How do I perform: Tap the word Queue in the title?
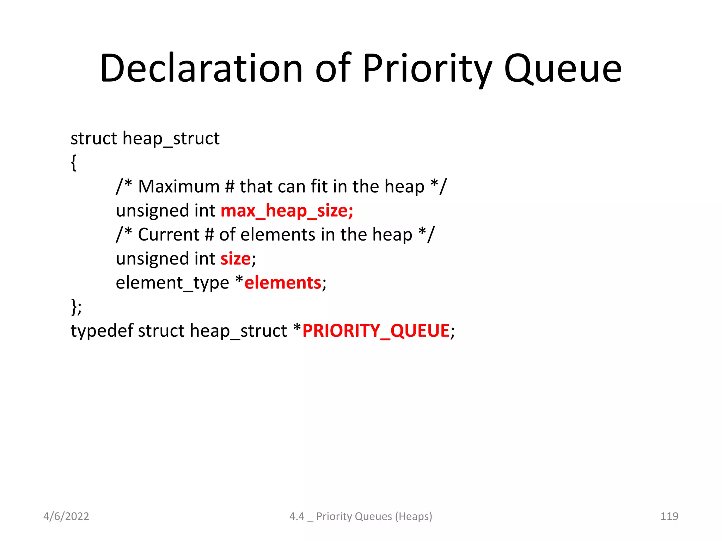(x=563, y=69)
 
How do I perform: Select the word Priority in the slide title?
(x=427, y=69)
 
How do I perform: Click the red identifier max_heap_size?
(x=287, y=211)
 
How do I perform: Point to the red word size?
(x=235, y=259)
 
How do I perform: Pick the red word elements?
(x=283, y=283)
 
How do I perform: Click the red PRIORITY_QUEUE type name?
(x=376, y=331)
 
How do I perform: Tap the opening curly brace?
(x=74, y=163)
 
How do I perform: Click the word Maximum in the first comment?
(x=179, y=187)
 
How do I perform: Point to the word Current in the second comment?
(x=169, y=235)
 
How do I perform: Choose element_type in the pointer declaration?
(x=172, y=283)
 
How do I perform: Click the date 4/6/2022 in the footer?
(x=66, y=516)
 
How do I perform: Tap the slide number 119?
(x=669, y=516)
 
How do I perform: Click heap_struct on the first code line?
(x=171, y=138)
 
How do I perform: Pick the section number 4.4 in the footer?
(x=296, y=516)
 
